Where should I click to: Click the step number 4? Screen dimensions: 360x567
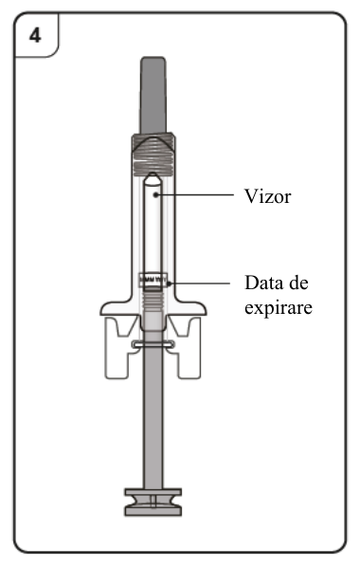35,36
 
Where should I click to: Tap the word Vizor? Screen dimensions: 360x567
267,196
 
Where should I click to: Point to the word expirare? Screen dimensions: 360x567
279,308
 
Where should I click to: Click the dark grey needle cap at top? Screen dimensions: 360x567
153,95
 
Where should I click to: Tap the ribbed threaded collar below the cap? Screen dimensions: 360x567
153,155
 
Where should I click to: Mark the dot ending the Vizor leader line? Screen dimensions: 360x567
155,195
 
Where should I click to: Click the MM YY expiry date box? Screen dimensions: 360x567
153,280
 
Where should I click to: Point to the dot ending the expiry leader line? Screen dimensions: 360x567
169,283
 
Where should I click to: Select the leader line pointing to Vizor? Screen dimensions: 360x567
195,195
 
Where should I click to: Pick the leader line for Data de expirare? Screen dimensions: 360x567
199,283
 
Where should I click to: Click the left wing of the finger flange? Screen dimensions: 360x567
116,308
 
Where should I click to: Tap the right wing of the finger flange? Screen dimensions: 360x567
190,308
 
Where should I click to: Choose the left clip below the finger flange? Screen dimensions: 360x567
117,348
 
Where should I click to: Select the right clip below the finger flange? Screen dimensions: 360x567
189,348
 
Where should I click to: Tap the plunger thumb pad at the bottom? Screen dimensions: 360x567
153,502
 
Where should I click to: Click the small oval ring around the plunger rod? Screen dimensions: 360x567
153,344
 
